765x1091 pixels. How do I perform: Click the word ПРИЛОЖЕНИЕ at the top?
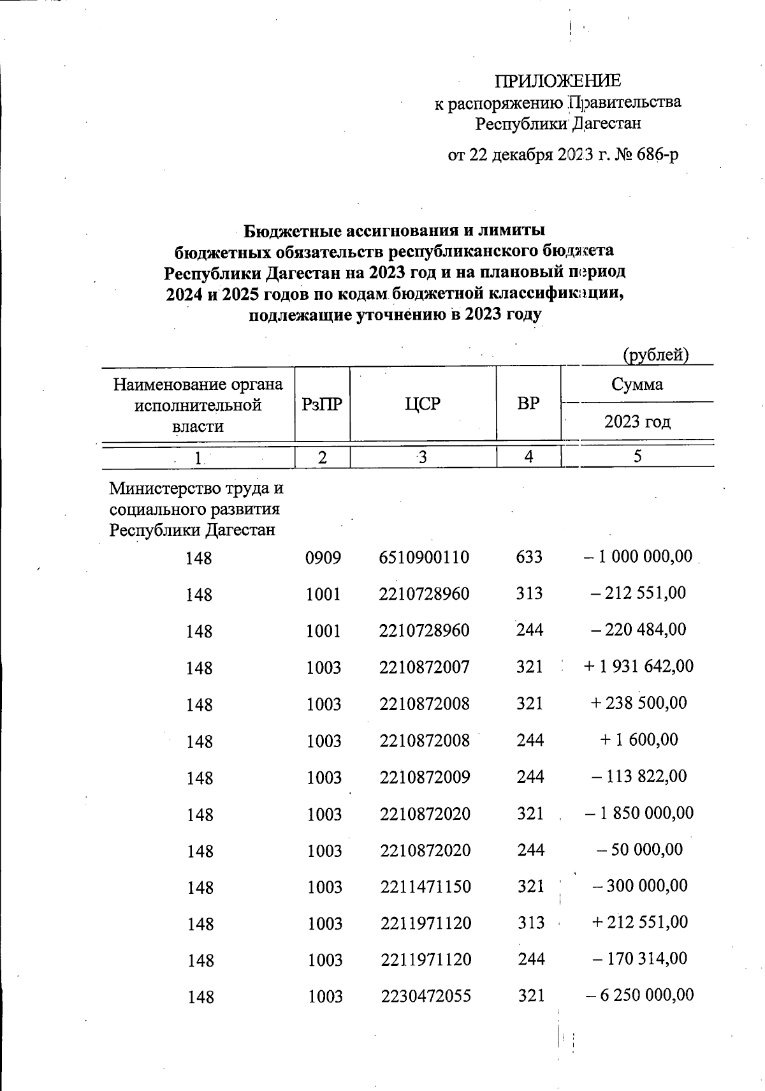coord(558,81)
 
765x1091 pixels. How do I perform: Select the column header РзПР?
coord(322,404)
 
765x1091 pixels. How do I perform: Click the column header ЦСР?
coord(423,404)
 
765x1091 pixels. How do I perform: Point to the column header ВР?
coord(528,404)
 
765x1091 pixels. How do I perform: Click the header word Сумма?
coord(637,384)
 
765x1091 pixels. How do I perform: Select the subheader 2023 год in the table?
coord(637,422)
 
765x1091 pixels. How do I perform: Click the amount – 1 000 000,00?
coord(637,556)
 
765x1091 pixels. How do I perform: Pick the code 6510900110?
coord(424,557)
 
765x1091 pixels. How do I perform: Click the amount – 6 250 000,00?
coord(639,995)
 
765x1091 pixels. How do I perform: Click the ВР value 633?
coord(529,557)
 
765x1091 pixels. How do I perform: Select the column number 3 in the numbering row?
coord(422,457)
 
